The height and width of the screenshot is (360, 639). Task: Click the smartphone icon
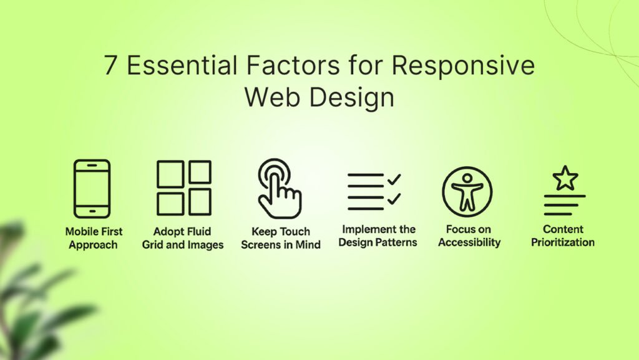[92, 189]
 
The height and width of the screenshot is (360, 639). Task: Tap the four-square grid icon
[184, 187]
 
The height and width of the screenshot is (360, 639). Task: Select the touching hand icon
[280, 189]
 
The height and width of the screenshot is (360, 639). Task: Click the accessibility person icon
[467, 191]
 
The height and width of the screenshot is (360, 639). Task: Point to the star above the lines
[565, 178]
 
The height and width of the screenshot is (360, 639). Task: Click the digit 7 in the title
[110, 65]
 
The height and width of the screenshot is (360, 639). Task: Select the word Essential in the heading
[182, 65]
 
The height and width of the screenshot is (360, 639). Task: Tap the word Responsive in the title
[464, 65]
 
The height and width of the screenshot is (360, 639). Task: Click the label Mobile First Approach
[94, 238]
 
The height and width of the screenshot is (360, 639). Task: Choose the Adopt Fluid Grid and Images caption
[183, 238]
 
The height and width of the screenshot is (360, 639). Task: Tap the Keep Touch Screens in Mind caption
[281, 238]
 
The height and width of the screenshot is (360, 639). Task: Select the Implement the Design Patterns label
[378, 236]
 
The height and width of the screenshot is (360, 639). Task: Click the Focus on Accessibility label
[469, 236]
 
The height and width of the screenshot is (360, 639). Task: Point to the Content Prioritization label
[563, 236]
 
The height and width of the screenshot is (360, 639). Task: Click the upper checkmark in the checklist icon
[394, 179]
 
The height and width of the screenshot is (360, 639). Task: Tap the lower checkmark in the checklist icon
[394, 199]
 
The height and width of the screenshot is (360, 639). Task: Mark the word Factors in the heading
[293, 65]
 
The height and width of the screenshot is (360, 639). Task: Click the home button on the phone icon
[92, 211]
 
